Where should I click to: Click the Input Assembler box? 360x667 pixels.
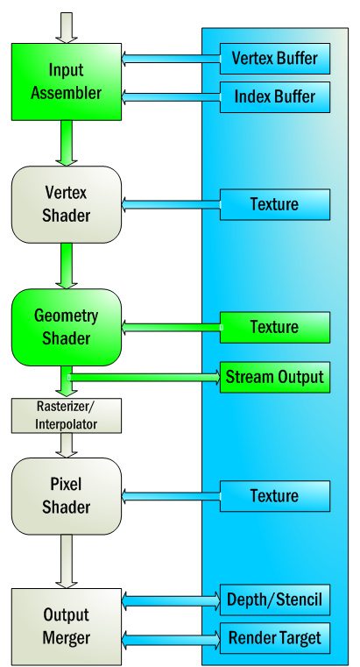66,81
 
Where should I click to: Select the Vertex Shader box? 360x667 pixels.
66,204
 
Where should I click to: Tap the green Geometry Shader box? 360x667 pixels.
66,327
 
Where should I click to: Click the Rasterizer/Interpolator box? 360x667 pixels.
66,415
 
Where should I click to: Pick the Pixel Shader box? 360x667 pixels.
66,496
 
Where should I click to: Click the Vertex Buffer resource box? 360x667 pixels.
274,60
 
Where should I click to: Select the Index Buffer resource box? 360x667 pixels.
274,96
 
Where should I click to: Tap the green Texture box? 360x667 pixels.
274,327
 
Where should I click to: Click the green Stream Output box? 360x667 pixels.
274,377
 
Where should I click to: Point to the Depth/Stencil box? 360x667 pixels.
274,600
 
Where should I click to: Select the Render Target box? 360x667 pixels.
274,637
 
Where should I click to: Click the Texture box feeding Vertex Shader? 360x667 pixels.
274,204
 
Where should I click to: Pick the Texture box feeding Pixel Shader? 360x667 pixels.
274,496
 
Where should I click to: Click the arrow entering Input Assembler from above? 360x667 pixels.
66,27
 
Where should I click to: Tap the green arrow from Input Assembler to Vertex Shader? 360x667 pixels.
66,143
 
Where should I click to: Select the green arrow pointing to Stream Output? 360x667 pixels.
145,377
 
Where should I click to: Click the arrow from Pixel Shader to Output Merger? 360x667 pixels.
66,561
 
